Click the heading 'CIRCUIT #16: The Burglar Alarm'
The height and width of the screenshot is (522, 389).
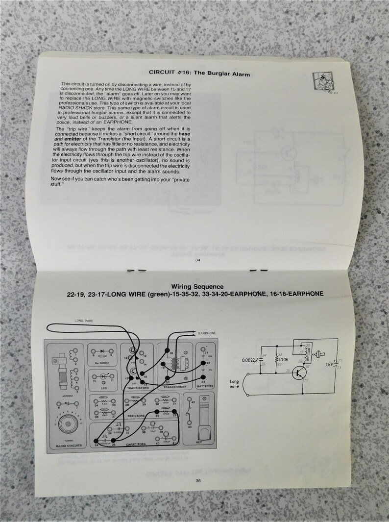tap(199, 74)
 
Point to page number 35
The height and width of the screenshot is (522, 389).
tap(198, 480)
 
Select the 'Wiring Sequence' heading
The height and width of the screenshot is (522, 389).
tap(197, 287)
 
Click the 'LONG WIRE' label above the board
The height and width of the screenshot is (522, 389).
tap(83, 320)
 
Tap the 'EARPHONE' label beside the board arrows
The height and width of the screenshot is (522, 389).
tap(207, 333)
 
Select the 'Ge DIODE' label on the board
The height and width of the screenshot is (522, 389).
tap(102, 363)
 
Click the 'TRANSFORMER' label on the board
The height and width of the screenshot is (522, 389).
tap(175, 387)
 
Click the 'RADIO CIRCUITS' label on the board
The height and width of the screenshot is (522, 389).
tap(68, 446)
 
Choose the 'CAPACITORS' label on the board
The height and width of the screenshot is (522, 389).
tap(136, 444)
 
